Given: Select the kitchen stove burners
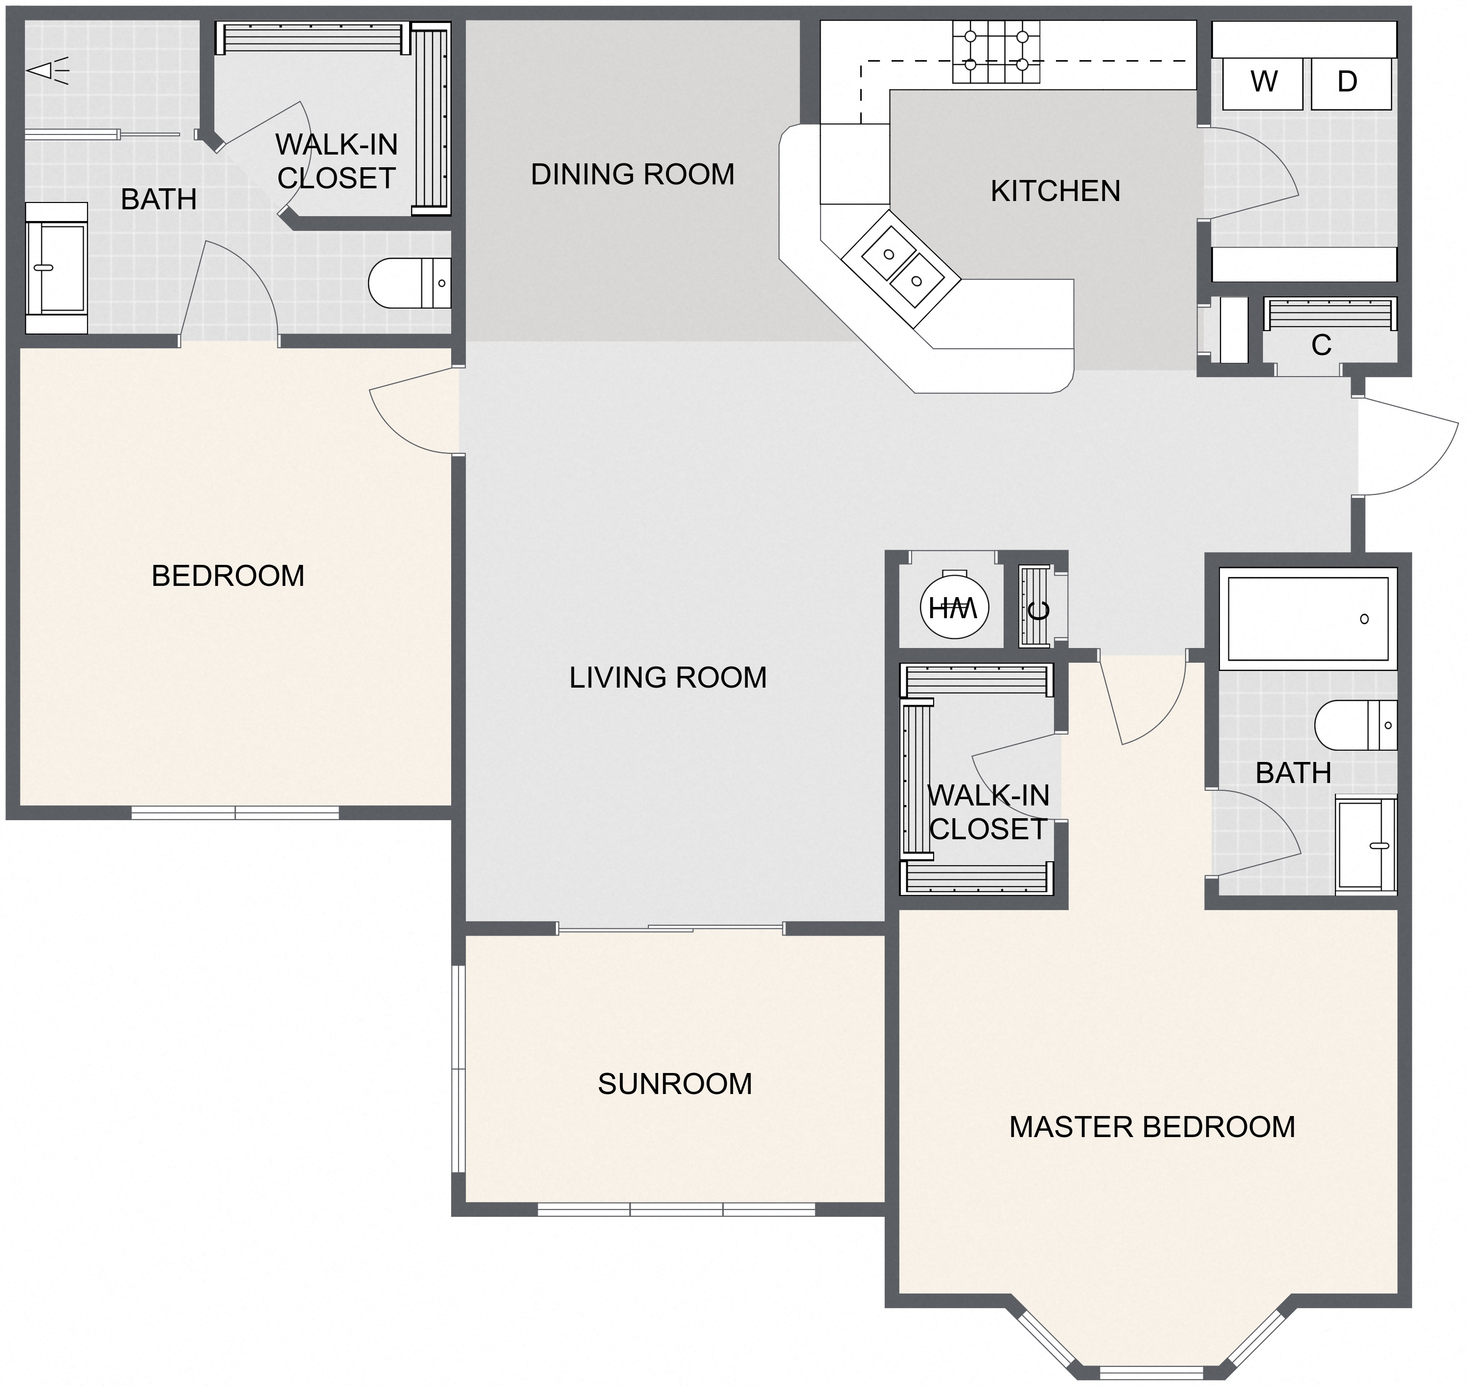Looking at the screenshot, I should pos(996,51).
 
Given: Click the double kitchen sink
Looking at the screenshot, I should pos(902,268).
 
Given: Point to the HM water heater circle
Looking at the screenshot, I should pos(954,607).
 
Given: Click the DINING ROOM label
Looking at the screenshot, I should pos(633,175).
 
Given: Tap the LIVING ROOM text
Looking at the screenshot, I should pos(667,677).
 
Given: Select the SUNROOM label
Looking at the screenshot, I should pos(675,1084).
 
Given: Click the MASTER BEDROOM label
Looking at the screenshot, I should pos(1151,1127).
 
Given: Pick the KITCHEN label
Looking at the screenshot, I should pos(1055,191).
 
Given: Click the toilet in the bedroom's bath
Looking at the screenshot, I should pos(409,283).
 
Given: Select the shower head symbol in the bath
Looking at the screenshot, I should pos(47,71).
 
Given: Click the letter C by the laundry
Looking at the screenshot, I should pos(1320,345).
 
